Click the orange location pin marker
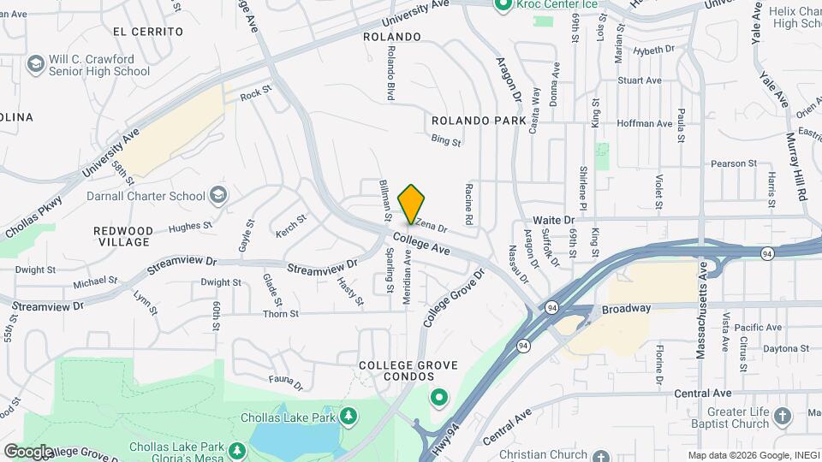(412, 204)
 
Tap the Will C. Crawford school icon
(36, 63)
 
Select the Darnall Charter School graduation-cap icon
(218, 196)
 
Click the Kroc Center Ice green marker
(503, 5)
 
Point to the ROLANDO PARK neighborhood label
(479, 121)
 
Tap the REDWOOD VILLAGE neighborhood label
(123, 236)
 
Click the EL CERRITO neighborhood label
(147, 31)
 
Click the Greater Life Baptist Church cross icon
(781, 417)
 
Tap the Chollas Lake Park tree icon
(348, 417)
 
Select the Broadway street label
(626, 308)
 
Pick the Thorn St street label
(281, 314)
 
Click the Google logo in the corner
(28, 452)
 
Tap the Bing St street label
(446, 139)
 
